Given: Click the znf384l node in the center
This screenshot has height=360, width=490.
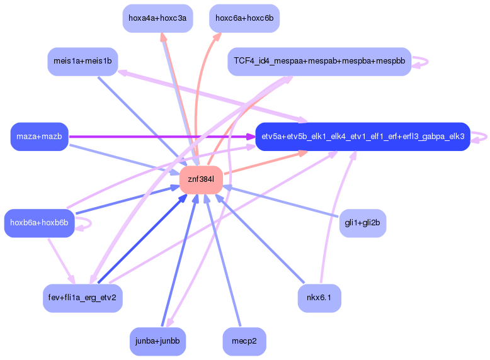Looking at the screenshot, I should tap(201, 180).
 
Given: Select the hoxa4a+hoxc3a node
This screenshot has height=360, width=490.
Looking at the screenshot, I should tap(157, 18).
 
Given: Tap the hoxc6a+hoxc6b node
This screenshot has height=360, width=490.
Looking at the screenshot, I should tap(244, 18).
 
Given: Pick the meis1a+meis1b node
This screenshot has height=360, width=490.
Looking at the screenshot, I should tap(83, 61).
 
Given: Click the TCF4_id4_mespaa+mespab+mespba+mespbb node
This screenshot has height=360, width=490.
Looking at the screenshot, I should tap(319, 61).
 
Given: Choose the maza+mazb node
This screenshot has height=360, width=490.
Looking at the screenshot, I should tap(39, 137).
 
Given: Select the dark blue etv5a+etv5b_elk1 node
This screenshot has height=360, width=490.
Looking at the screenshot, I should tap(363, 137).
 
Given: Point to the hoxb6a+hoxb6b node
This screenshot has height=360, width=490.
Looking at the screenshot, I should tap(39, 223).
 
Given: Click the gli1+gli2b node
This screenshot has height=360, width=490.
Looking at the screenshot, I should tap(362, 223).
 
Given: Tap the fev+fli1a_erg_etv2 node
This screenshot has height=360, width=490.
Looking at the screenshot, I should tap(82, 298).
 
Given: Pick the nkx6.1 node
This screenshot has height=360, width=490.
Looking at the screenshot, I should tap(319, 298).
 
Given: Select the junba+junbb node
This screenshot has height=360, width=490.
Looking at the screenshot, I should tap(157, 341).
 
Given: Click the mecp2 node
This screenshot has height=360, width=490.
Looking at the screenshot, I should tap(244, 341).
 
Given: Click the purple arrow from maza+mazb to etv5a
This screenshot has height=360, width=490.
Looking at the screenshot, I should tap(157, 137).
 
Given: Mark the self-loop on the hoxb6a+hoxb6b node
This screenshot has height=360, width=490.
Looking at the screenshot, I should tap(91, 223).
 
